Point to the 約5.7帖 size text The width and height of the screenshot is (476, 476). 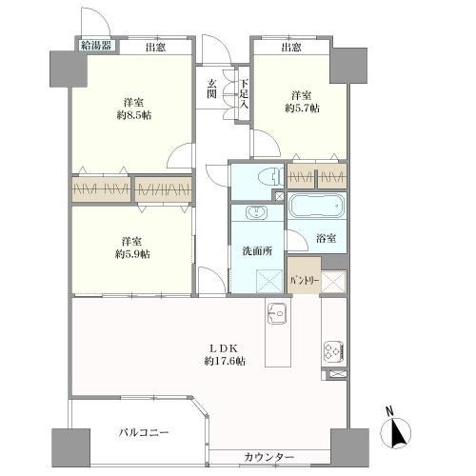[x=302, y=109]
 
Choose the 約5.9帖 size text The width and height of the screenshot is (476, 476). [x=131, y=254]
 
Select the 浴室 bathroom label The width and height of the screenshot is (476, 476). [x=325, y=238]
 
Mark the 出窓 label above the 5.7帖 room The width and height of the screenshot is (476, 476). [x=292, y=47]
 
